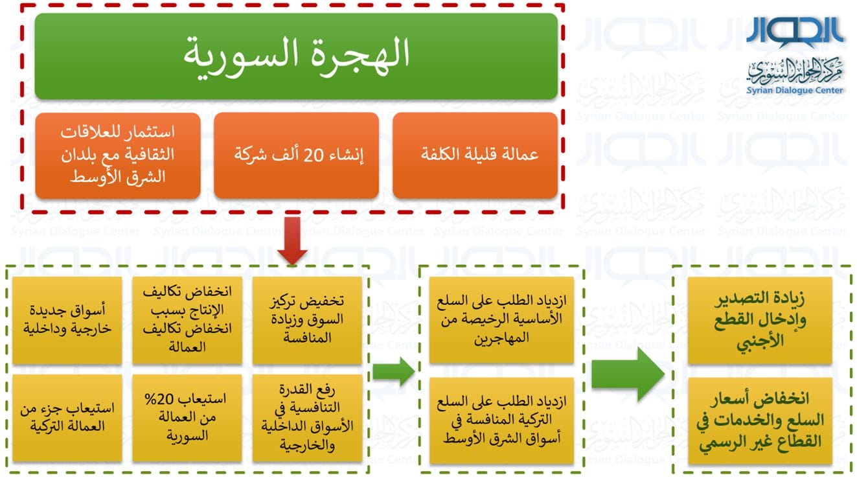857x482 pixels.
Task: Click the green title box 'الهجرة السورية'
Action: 296,56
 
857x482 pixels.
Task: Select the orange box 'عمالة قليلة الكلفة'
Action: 475,155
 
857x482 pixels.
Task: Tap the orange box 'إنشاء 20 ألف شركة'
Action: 296,155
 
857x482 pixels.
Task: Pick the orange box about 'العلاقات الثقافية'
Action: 118,155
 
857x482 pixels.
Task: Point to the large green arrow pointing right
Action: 628,374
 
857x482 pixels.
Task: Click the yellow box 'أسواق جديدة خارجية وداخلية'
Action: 67,320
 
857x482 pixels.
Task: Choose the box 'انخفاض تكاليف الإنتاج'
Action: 187,320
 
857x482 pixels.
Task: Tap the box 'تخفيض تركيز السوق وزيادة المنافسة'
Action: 307,320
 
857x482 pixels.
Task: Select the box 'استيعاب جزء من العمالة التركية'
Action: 67,418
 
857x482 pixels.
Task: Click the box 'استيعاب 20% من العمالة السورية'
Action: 187,418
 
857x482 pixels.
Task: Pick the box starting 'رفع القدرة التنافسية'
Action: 307,418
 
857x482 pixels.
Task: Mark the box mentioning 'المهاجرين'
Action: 501,319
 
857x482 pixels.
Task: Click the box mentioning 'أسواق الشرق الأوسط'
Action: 501,420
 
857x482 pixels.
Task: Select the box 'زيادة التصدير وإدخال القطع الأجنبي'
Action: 759,320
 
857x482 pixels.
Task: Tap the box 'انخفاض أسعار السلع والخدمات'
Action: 759,420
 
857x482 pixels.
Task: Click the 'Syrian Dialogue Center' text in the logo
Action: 795,91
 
